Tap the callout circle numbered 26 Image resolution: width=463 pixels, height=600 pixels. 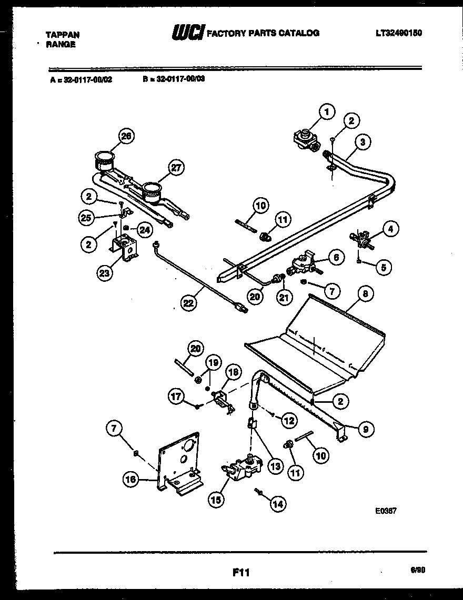pos(126,136)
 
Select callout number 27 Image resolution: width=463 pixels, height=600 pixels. pos(176,168)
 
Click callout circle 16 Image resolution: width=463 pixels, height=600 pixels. pos(130,479)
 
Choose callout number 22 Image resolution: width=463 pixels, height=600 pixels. pos(187,302)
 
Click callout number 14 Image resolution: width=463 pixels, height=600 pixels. pos(277,504)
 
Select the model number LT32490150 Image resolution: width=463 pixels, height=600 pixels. pos(399,33)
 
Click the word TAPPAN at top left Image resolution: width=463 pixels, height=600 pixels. pos(63,34)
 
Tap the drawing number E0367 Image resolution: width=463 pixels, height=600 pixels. pos(386,510)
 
